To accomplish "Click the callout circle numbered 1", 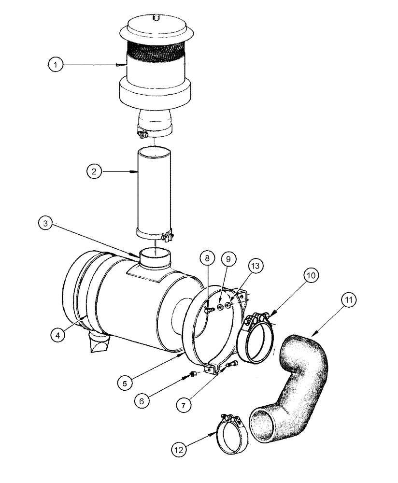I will click(x=56, y=64).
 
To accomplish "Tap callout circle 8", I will click(x=207, y=259).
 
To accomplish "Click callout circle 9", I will click(x=228, y=259).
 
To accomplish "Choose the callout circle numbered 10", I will click(x=311, y=275).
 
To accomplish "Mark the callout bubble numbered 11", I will click(x=349, y=300).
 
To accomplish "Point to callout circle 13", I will click(x=256, y=265).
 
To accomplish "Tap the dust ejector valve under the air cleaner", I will click(x=99, y=343).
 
